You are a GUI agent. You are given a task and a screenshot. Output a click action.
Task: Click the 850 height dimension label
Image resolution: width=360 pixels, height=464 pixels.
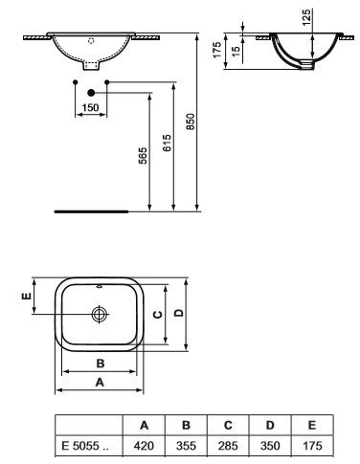click(x=190, y=122)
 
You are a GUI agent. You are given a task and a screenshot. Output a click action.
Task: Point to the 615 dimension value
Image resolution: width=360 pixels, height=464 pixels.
click(x=167, y=143)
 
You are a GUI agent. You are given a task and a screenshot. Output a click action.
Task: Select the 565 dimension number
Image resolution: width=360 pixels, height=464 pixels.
click(x=143, y=155)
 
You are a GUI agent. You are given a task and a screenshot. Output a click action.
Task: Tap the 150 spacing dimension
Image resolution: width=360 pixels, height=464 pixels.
click(x=90, y=107)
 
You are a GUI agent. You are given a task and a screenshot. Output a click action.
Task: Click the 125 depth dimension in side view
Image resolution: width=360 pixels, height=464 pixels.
click(x=306, y=17)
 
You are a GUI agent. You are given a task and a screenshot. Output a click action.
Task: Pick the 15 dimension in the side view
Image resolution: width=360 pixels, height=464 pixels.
click(x=236, y=52)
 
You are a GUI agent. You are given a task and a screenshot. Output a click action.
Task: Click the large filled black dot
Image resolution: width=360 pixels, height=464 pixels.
click(x=91, y=93)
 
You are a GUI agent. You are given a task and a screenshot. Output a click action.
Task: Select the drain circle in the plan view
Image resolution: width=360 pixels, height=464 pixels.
click(x=100, y=315)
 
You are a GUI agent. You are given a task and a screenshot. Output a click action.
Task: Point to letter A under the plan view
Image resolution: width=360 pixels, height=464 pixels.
click(x=100, y=382)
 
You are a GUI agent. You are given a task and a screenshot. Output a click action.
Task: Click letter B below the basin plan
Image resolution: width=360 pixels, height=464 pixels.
click(x=101, y=364)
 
